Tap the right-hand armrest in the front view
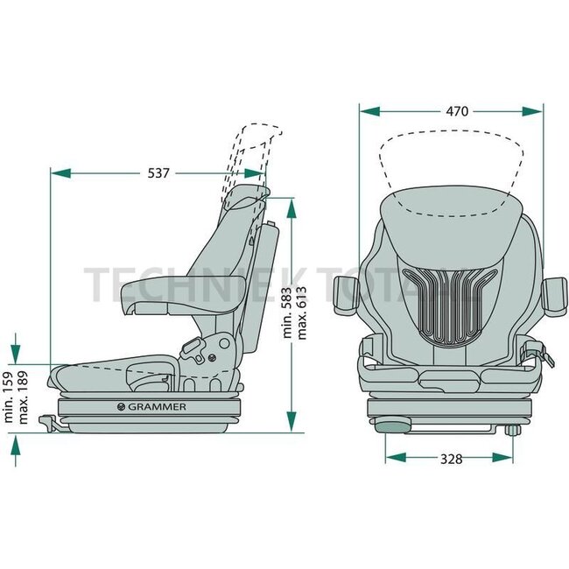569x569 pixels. point(554,298)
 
